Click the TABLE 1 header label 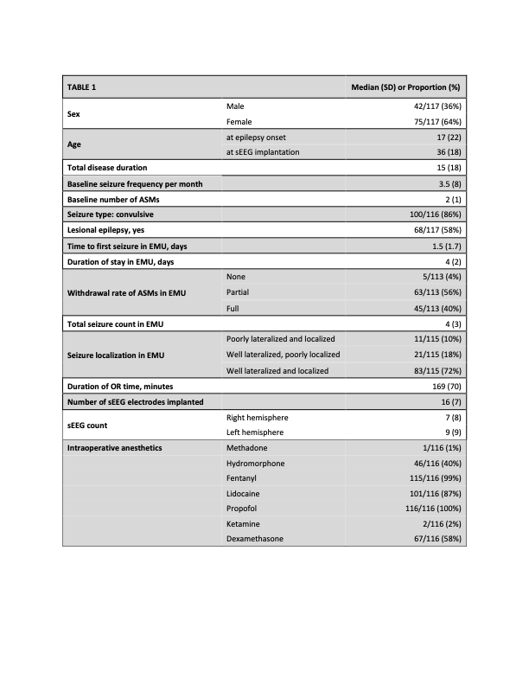pyautogui.click(x=84, y=87)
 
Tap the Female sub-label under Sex pyautogui.click(x=239, y=122)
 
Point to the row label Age pyautogui.click(x=76, y=145)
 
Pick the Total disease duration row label pyautogui.click(x=107, y=168)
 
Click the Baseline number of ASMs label pyautogui.click(x=112, y=200)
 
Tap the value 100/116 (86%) pyautogui.click(x=430, y=215)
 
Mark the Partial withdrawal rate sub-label pyautogui.click(x=238, y=292)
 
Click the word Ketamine pyautogui.click(x=245, y=524)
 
